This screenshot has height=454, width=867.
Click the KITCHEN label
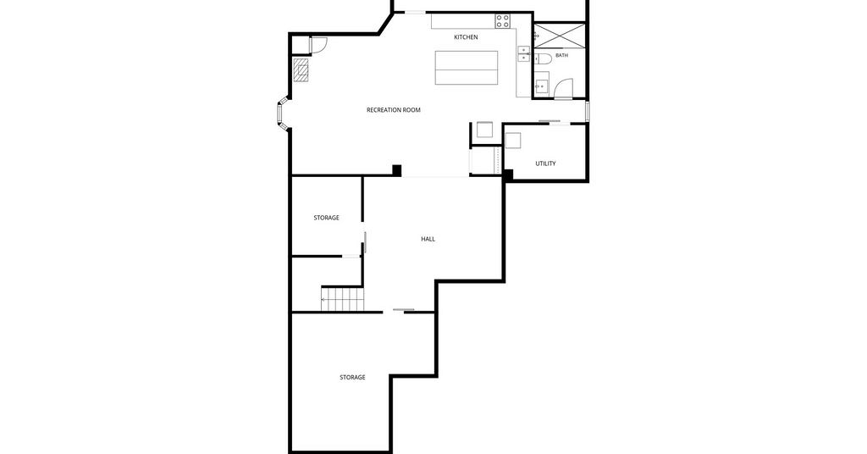pos(466,37)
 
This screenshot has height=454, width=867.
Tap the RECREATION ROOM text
pos(393,110)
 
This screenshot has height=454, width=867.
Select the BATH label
pos(561,55)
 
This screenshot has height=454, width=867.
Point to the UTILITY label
pos(545,163)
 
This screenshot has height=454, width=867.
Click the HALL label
pos(428,240)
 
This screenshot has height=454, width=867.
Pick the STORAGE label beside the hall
pos(326,218)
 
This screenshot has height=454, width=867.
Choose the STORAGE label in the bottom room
pos(352,378)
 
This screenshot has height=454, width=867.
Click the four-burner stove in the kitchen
pos(502,21)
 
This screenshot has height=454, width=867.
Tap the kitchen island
pos(467,68)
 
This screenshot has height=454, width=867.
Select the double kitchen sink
pos(523,53)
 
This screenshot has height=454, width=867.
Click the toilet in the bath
pos(543,59)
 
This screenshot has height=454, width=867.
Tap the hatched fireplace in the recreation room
pos(301,70)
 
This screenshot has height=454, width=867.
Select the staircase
pos(343,299)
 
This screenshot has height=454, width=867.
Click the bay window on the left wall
pos(282,113)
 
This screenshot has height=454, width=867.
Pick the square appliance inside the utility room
pos(512,141)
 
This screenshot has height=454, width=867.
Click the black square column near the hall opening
pos(396,170)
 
